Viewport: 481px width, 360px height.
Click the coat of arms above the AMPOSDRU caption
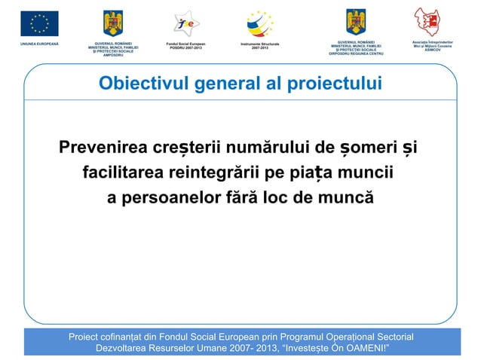(x=114, y=23)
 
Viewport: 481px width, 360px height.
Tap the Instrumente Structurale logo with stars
(x=260, y=23)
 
